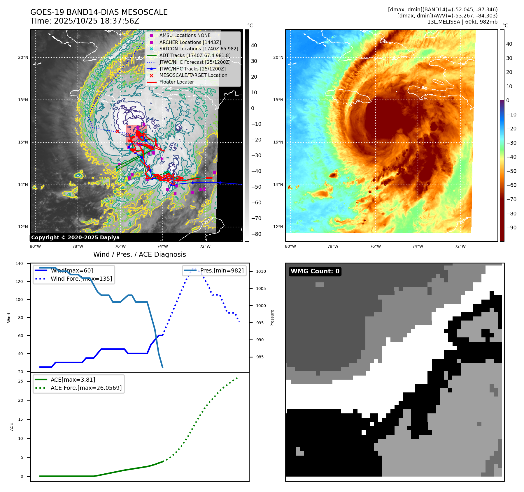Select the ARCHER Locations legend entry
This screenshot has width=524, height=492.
pos(190,42)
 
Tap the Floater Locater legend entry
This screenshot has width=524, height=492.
pos(176,82)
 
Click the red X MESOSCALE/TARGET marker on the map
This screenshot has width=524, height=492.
pos(117,132)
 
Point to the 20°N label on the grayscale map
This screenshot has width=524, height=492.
pos(23,58)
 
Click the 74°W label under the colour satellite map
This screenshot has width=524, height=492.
pos(418,246)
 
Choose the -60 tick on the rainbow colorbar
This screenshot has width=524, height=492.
pos(511,185)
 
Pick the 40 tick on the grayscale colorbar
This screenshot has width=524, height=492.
pos(254,45)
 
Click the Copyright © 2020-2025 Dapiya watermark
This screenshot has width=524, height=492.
pos(75,238)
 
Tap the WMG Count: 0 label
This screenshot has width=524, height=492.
pos(315,271)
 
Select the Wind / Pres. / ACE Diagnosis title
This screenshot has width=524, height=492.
pos(139,254)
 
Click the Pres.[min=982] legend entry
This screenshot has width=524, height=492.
pos(222,270)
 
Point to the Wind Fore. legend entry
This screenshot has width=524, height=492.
pos(81,279)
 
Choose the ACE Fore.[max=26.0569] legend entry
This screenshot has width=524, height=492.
pos(86,388)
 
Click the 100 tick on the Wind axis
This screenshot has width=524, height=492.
pos(19,300)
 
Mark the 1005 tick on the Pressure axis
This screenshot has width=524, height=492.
pos(261,289)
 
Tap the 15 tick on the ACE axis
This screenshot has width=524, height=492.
pos(20,419)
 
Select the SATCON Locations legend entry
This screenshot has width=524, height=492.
pos(199,49)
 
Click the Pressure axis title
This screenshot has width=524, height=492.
pos(272,318)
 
